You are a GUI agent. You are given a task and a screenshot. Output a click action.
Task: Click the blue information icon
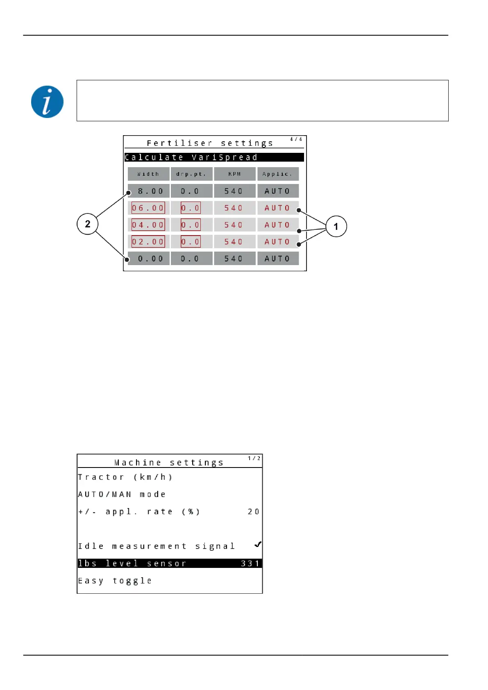coord(47,102)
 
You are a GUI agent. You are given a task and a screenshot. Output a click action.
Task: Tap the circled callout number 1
coord(336,227)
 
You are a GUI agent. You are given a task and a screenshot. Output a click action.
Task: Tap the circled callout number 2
coord(87,224)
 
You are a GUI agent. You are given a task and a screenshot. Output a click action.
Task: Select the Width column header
coord(148,174)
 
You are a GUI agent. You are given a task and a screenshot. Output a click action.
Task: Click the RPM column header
coord(234,174)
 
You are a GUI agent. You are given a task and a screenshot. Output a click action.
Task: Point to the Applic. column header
coord(278,174)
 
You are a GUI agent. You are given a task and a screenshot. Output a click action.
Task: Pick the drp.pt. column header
coord(191,174)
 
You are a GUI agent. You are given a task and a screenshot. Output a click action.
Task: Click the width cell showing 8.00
coord(150,191)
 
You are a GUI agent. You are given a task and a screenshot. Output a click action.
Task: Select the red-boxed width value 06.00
coord(148,208)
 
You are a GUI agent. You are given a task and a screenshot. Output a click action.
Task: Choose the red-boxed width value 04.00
coord(148,225)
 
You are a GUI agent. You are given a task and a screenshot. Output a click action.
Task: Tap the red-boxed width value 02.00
coord(148,242)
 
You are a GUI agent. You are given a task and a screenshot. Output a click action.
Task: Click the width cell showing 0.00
coord(150,259)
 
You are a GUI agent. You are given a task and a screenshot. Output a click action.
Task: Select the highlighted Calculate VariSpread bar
coord(214,157)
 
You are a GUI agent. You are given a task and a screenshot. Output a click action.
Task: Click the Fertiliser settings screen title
coord(210,143)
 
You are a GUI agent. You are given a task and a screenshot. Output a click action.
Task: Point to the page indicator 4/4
coord(296,139)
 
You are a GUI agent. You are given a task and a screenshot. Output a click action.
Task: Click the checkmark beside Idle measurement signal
coord(258,545)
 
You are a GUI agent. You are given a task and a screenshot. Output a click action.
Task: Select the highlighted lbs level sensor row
coord(170,563)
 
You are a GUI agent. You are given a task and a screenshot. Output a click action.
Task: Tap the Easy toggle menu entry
coord(115,581)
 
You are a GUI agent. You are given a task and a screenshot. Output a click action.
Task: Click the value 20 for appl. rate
coord(254,512)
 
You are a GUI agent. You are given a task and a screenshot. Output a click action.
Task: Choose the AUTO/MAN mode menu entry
coord(122,495)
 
